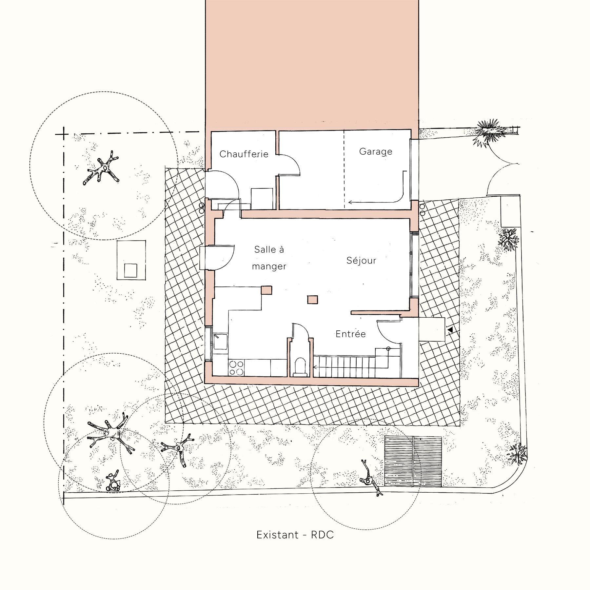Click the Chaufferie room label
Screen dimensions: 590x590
244,154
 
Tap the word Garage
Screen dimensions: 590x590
376,152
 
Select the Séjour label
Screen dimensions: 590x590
361,261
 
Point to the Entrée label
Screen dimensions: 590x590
350,334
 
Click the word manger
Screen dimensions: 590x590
269,266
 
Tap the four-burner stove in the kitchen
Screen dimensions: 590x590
236,368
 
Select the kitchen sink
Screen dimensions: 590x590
220,342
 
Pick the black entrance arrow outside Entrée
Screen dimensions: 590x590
450,330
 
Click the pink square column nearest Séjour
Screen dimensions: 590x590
312,300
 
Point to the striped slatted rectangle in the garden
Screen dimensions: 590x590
413,461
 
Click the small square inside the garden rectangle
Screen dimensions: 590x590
130,270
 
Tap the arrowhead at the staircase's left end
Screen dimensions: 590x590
315,367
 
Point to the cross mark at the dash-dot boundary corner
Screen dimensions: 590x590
64,134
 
